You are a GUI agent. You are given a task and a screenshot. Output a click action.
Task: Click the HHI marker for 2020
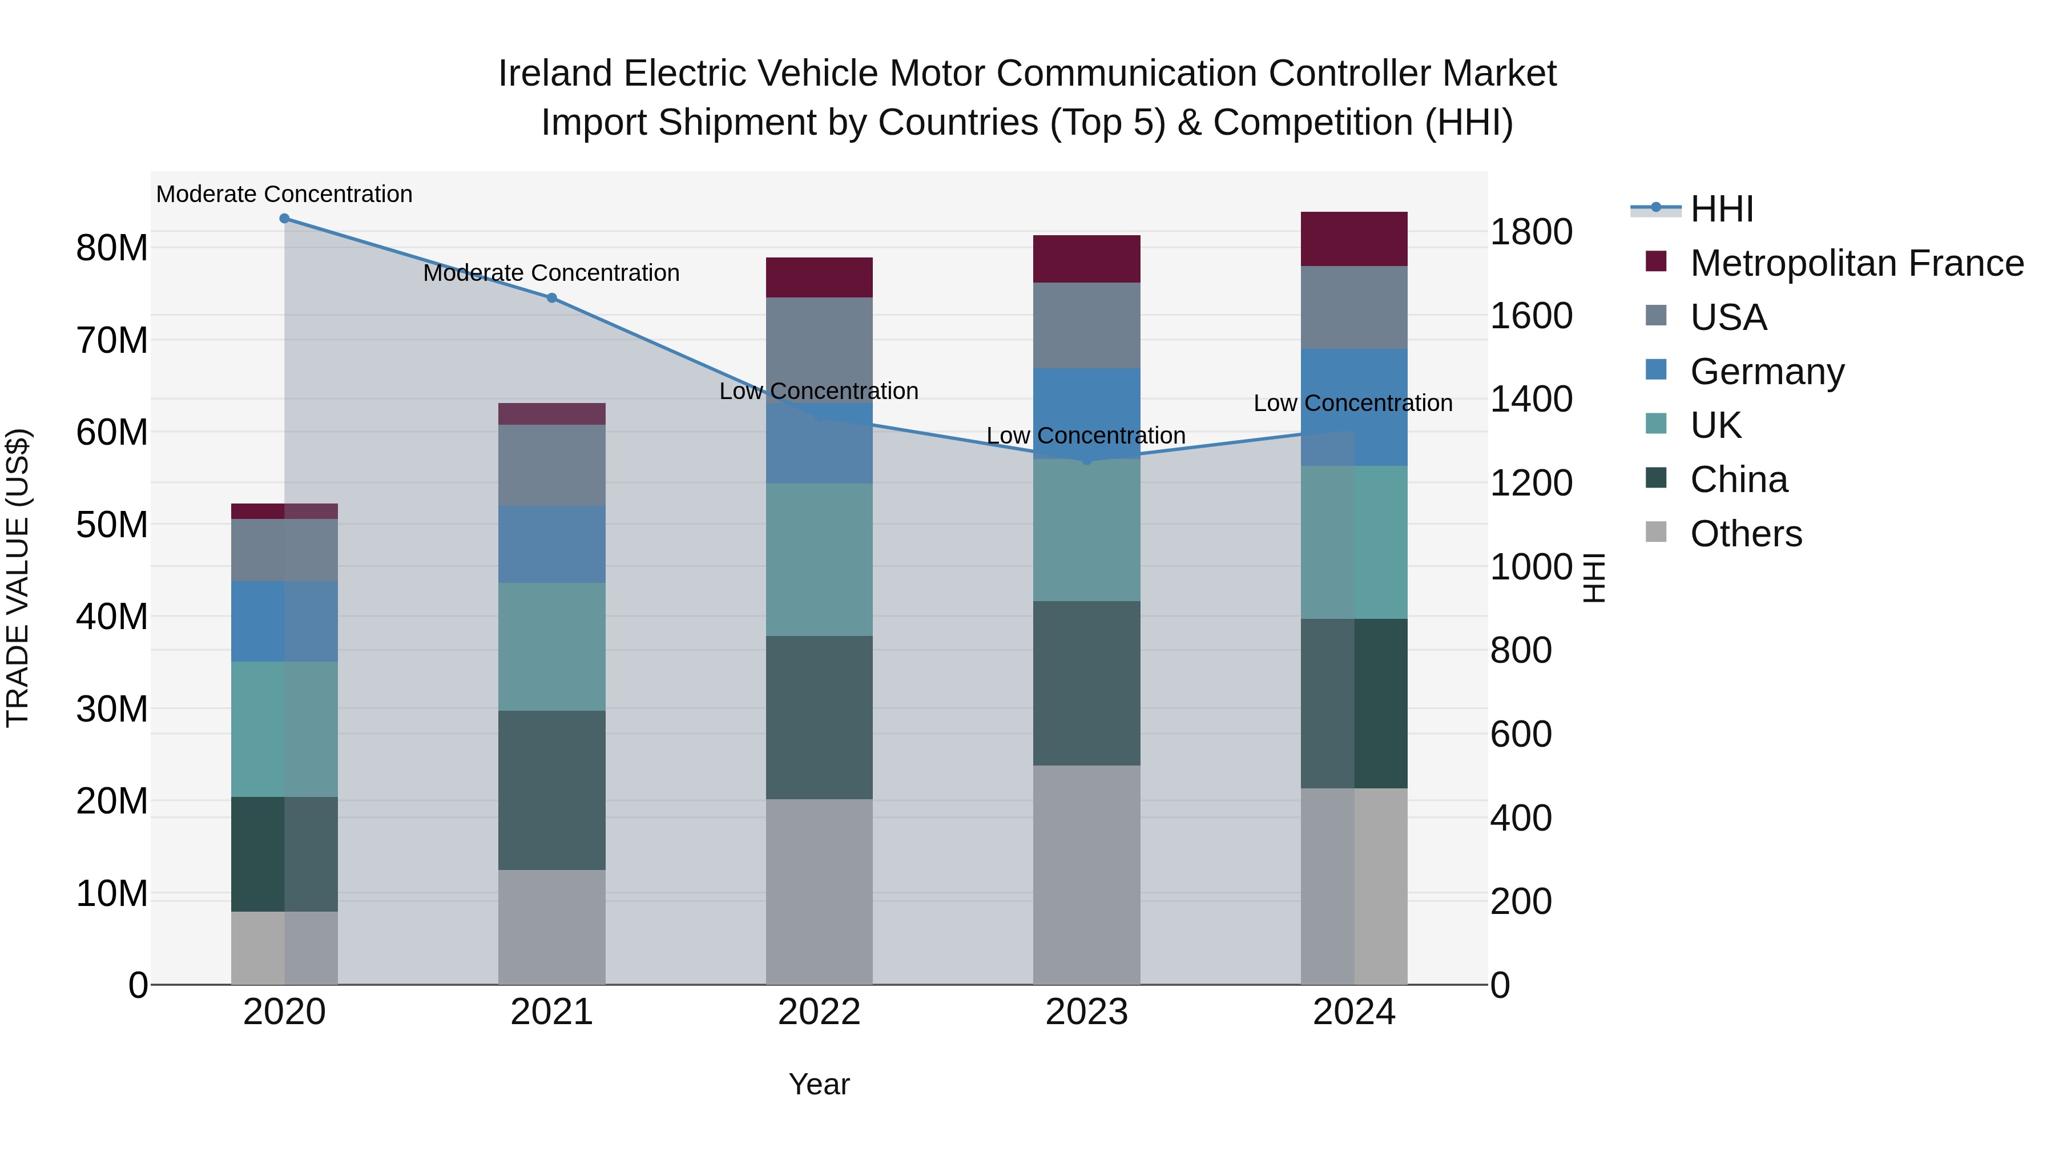pos(284,219)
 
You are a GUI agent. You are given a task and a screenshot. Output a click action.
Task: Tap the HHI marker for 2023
pos(1086,460)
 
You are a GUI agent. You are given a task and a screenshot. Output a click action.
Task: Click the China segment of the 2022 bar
pos(819,716)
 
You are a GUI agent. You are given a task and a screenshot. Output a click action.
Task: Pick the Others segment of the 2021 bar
pos(551,927)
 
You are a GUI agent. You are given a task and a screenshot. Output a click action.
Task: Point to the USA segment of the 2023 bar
pos(1086,325)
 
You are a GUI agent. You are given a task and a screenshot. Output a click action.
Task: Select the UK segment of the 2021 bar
pos(551,646)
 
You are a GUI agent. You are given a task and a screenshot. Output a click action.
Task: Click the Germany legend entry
pos(1766,372)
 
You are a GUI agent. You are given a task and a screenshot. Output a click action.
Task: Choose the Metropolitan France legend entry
pos(1856,263)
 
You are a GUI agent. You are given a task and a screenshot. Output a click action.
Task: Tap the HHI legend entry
pos(1722,209)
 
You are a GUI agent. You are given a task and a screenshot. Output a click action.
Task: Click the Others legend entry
pos(1746,534)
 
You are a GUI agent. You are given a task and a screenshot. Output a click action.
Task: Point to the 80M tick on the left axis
pos(112,248)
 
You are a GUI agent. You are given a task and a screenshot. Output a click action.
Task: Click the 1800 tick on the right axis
pos(1530,232)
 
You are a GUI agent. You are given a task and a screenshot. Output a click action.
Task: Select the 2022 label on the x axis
pos(819,1012)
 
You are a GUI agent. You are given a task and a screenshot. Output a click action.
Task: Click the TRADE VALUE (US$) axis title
pos(18,578)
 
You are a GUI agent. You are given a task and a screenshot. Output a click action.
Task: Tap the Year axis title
pos(819,1084)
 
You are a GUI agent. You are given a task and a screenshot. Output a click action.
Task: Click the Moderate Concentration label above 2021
pos(551,273)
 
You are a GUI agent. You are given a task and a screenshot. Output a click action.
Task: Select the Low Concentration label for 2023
pos(1086,436)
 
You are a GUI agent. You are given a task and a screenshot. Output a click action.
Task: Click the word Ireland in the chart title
pos(555,74)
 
